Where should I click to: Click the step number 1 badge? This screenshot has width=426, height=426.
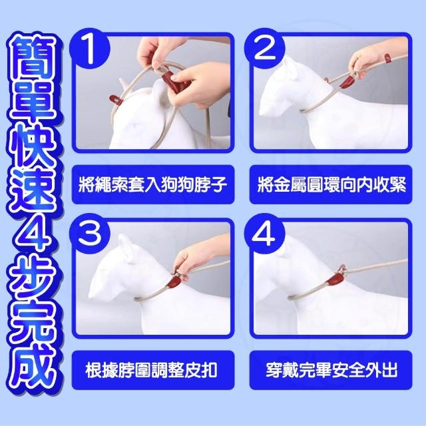(90, 49)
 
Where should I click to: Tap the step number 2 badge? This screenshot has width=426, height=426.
(265, 49)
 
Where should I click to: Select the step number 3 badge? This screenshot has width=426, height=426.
(90, 234)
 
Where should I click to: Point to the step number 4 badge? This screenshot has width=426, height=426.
(265, 234)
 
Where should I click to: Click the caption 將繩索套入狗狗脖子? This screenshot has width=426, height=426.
(153, 184)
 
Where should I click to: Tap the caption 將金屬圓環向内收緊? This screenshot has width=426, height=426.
(331, 184)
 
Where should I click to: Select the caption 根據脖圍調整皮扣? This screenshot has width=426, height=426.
(152, 370)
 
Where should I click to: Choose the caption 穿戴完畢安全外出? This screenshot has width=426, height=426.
(331, 370)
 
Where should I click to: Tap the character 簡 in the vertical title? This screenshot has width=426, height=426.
(32, 58)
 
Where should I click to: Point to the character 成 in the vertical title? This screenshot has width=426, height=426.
(33, 365)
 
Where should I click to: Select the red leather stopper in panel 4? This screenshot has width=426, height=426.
(336, 280)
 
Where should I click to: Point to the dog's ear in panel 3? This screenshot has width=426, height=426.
(127, 248)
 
